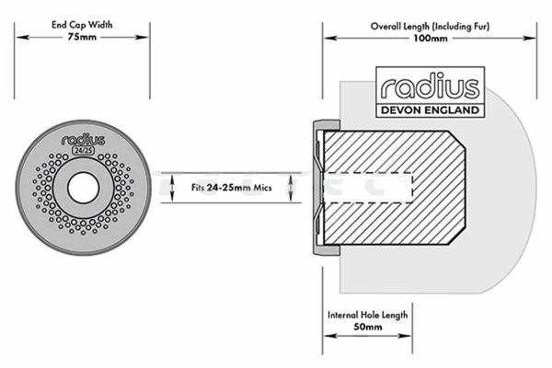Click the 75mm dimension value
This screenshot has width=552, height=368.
pyautogui.click(x=84, y=39)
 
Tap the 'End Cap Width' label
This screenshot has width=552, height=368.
pyautogui.click(x=84, y=26)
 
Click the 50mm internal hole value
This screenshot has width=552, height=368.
pyautogui.click(x=367, y=327)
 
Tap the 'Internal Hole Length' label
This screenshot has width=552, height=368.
pyautogui.click(x=367, y=315)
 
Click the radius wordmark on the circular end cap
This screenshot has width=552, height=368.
pyautogui.click(x=84, y=141)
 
